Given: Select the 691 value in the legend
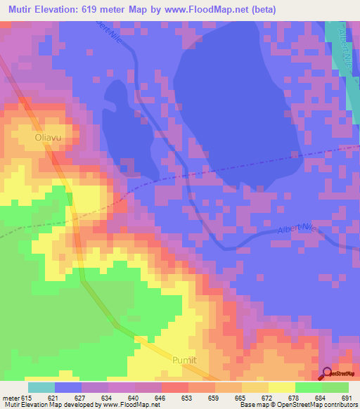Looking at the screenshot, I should (346, 398).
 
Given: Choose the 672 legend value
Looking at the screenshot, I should (267, 398).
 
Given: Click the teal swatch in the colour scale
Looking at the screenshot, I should (41, 387).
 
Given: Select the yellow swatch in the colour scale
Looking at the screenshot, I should (281, 387).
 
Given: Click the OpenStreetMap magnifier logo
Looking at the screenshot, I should (328, 372).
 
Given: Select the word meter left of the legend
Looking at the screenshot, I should (10, 398).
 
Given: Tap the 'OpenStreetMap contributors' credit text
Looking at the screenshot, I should (318, 405).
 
